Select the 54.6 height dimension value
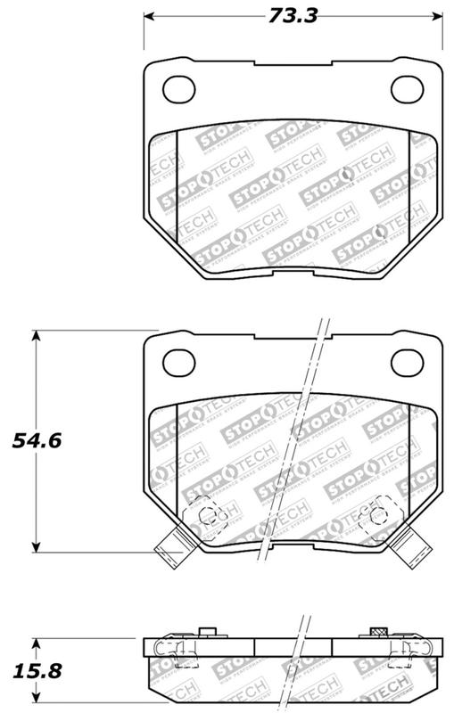(x=29, y=440)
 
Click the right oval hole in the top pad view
(x=410, y=88)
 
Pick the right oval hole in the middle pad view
(x=410, y=361)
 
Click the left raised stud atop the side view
(x=208, y=634)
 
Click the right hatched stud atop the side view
(x=375, y=634)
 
